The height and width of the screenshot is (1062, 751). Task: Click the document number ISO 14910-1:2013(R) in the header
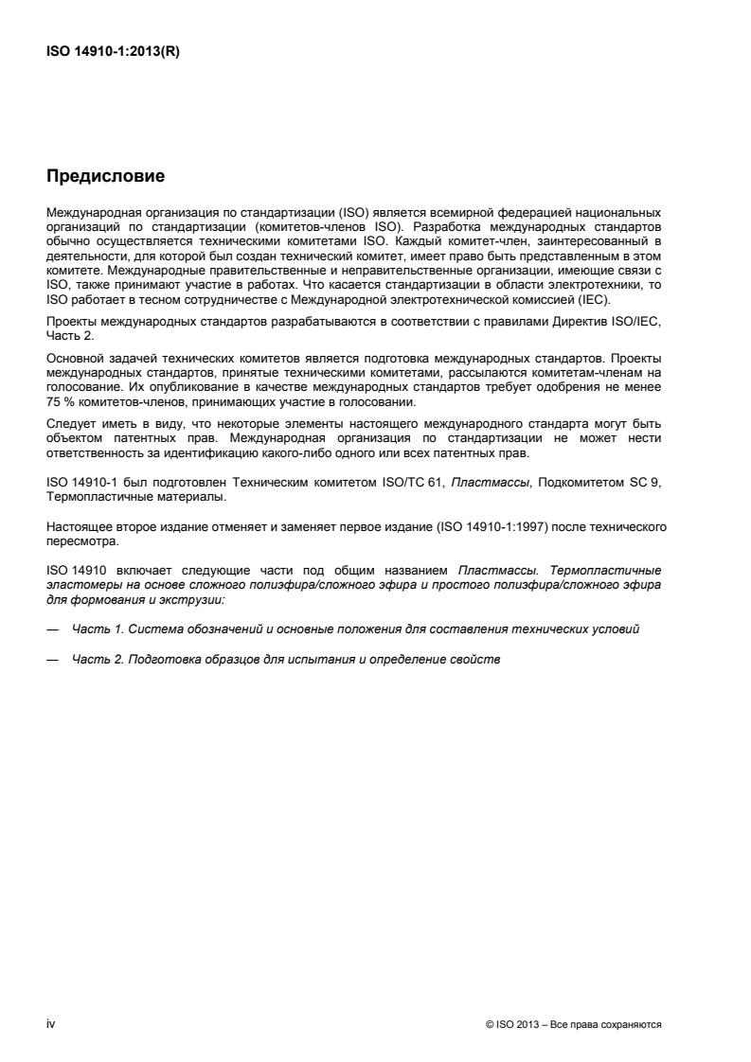113,53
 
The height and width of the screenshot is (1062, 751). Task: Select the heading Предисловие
106,175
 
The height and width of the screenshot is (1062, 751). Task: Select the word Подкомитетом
580,484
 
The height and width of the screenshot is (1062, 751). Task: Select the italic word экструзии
193,598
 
